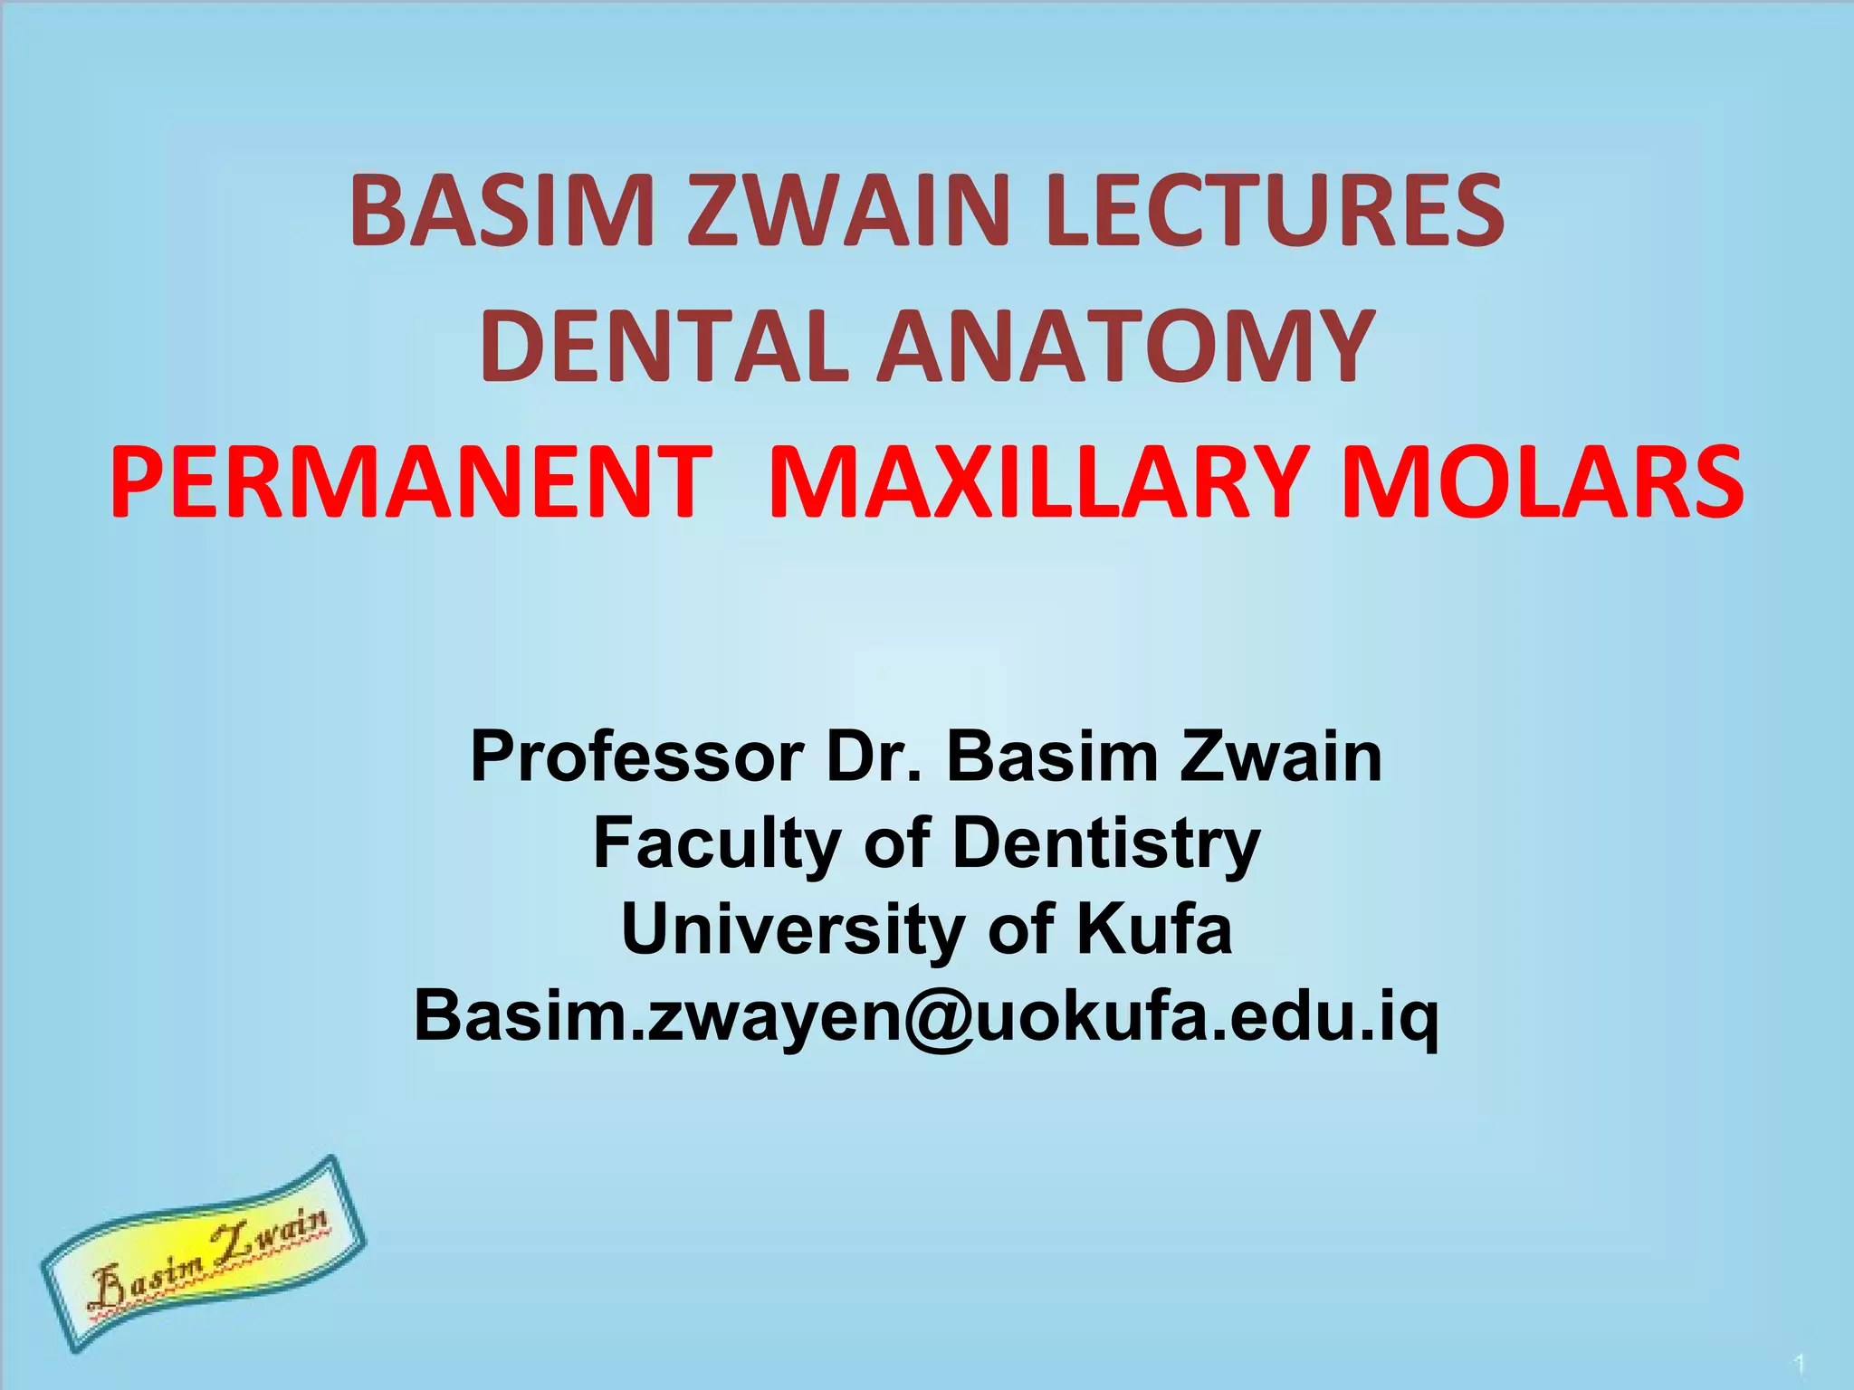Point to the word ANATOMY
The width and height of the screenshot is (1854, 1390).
point(1126,347)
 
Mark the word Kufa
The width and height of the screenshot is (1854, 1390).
point(1153,929)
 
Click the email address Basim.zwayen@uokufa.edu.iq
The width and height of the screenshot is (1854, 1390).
point(926,1016)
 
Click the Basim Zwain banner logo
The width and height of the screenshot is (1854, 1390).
point(203,1252)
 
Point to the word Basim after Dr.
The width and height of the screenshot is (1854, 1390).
point(1052,757)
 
